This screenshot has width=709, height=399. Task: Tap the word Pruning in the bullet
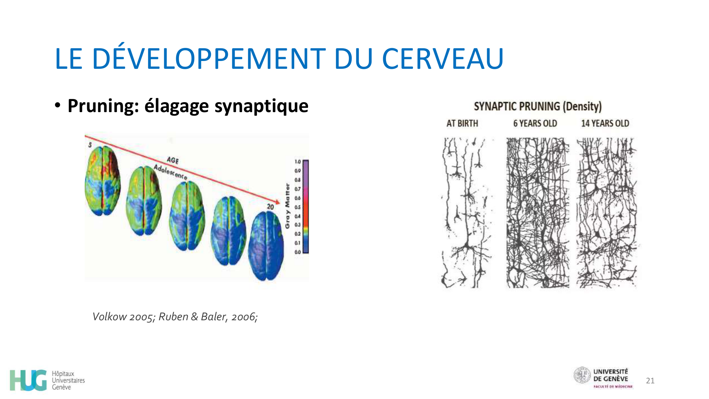coord(103,106)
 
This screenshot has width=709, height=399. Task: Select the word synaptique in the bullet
coord(261,106)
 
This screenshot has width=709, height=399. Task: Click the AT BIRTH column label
coord(462,123)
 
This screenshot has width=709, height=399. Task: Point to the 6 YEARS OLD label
coord(535,123)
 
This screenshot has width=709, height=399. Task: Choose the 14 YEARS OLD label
coord(605,123)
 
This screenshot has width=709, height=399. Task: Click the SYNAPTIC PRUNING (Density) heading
coord(537,106)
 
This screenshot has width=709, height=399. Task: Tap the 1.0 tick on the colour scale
coord(297,162)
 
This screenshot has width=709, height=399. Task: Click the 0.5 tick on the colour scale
coord(297,207)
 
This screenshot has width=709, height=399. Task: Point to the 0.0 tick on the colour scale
coord(297,252)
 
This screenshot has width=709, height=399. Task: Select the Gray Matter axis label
coord(287,206)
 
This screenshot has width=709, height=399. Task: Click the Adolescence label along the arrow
coord(170,172)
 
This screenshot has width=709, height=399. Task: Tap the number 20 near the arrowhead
coord(270,207)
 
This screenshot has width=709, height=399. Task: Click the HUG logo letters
coord(28,380)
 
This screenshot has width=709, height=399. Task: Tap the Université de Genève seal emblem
coord(582,375)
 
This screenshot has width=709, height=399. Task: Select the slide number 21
coord(650,381)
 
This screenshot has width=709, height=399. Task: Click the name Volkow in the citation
coord(109,316)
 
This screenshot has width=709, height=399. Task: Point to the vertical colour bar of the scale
coord(306,206)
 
